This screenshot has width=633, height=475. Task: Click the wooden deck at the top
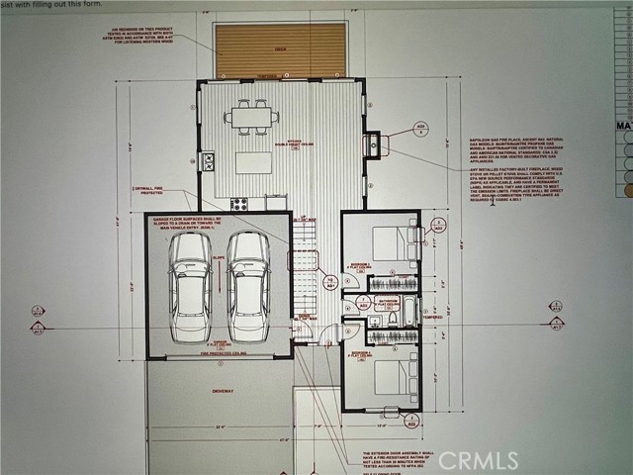pyautogui.click(x=281, y=50)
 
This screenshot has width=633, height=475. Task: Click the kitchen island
pyautogui.click(x=253, y=161)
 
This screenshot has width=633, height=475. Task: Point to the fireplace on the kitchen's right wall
pyautogui.click(x=374, y=145)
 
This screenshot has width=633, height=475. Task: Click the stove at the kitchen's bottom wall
pyautogui.click(x=239, y=204)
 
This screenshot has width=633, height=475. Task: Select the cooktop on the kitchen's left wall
pyautogui.click(x=208, y=160)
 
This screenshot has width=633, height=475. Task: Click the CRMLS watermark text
pyautogui.click(x=478, y=460)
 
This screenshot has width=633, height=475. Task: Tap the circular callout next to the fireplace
pyautogui.click(x=419, y=130)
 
